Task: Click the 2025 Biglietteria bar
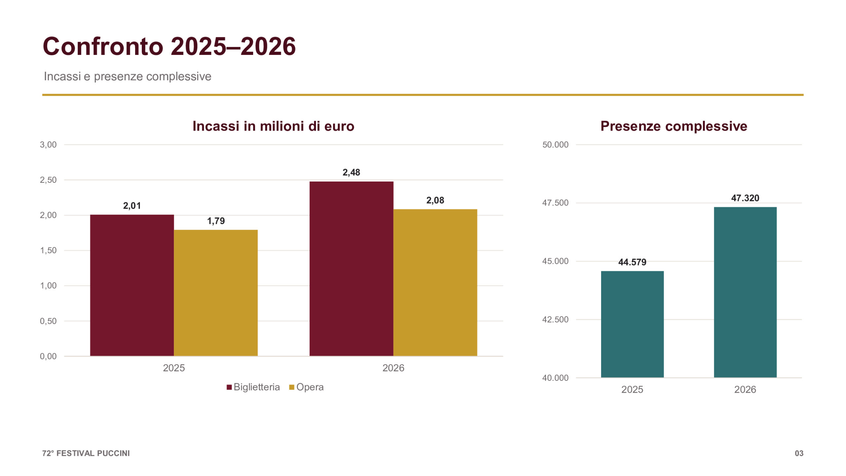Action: tap(132, 285)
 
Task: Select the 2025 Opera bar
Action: tap(216, 293)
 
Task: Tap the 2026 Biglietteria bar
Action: tap(351, 269)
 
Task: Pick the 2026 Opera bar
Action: tap(435, 283)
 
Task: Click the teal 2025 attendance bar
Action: tap(632, 324)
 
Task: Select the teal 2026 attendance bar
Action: tap(745, 292)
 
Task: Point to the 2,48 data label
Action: tap(351, 172)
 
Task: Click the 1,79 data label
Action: tap(216, 221)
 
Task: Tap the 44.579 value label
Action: tap(632, 262)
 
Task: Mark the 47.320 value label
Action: tap(745, 198)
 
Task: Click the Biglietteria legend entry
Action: tap(253, 387)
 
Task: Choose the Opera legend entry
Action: tap(306, 387)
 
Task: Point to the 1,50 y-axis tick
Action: tap(48, 250)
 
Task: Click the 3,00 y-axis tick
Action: tap(48, 144)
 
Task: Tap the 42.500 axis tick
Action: tap(555, 319)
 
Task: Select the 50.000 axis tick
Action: tap(555, 144)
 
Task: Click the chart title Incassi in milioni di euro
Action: tap(273, 126)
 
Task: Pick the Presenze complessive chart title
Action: tap(674, 126)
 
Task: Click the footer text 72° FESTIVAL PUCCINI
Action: tap(86, 453)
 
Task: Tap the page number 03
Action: tap(799, 453)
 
